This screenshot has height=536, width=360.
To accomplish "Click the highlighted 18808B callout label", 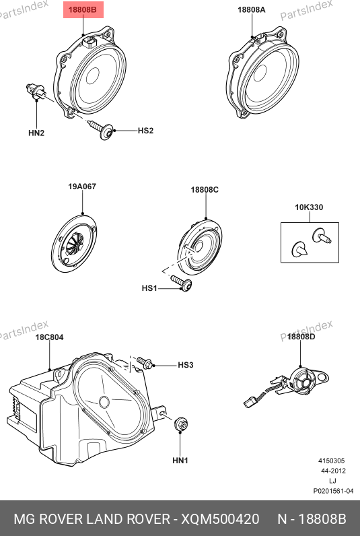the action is pyautogui.click(x=83, y=9).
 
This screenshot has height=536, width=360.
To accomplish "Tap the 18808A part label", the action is pyautogui.click(x=252, y=9).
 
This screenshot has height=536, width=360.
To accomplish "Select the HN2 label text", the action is pyautogui.click(x=36, y=133).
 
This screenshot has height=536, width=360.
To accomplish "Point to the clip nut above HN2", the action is pyautogui.click(x=35, y=92).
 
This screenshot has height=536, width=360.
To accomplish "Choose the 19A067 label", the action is pyautogui.click(x=82, y=187).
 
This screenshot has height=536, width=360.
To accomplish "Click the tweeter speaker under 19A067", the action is pyautogui.click(x=74, y=243).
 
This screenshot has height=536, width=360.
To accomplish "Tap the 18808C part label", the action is pyautogui.click(x=205, y=190).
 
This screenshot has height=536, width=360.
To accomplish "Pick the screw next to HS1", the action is pyautogui.click(x=182, y=283).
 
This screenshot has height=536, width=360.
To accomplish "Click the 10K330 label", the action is pyautogui.click(x=309, y=207).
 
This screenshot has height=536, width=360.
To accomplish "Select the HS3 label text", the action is pyautogui.click(x=186, y=365).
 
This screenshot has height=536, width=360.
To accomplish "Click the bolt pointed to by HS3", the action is pyautogui.click(x=145, y=362).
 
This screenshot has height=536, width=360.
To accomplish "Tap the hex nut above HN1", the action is pyautogui.click(x=181, y=424).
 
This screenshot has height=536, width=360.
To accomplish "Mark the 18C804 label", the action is pyautogui.click(x=50, y=337).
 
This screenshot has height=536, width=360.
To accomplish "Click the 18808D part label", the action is pyautogui.click(x=301, y=337).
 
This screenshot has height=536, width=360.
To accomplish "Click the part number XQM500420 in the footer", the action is pyautogui.click(x=220, y=519).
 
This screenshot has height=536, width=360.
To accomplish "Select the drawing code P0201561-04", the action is pyautogui.click(x=333, y=491).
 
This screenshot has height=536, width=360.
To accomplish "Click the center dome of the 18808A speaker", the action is pyautogui.click(x=260, y=73).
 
